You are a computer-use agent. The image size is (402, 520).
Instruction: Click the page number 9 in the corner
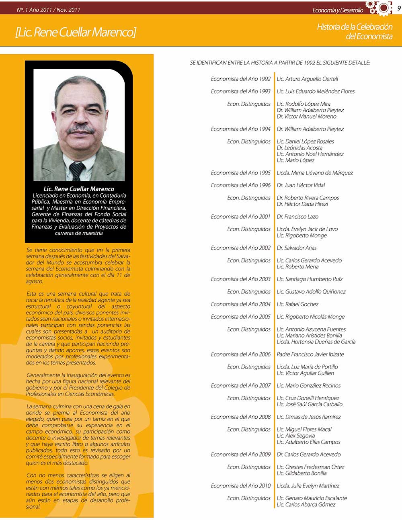[x=398, y=8]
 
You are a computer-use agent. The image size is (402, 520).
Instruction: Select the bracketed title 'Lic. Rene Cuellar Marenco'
[x=76, y=32]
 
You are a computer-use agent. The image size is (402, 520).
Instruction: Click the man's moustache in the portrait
[x=81, y=130]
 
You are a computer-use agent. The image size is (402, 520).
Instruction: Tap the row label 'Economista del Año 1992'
[x=240, y=79]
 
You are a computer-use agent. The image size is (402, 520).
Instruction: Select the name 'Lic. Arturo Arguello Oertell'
[x=308, y=79]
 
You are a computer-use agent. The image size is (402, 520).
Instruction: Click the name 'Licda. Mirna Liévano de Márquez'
[x=315, y=173]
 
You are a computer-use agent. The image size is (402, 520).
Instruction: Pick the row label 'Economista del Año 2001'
[x=240, y=217]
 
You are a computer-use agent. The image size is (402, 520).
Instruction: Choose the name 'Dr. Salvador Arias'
[x=297, y=248]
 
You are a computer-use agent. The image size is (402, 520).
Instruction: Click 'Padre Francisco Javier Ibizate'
[x=310, y=354]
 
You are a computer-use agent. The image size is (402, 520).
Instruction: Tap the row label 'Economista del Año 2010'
[x=240, y=486]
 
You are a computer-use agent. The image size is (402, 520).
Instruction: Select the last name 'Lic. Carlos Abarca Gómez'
[x=306, y=505]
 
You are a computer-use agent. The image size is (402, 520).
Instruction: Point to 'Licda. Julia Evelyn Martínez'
[x=308, y=486]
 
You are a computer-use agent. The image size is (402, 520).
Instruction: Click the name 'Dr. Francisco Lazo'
[x=297, y=217]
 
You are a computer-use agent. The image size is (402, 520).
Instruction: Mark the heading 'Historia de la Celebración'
[x=355, y=27]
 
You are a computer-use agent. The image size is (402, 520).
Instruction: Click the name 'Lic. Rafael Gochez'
[x=297, y=304]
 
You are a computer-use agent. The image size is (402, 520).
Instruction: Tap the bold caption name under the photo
[x=79, y=189]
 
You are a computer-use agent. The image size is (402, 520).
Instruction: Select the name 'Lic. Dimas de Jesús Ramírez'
[x=309, y=417]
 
